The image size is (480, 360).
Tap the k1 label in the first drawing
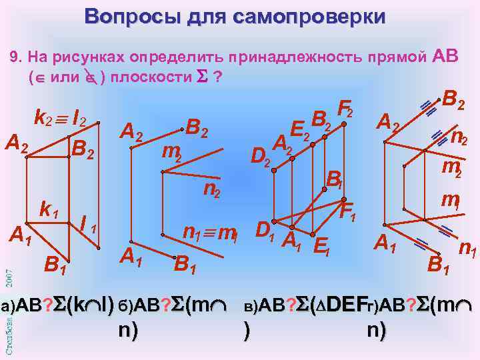coord(49,210)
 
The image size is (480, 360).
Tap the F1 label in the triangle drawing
coord(347,213)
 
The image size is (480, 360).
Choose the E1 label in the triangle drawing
coord(321,247)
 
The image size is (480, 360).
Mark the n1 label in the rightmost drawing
coord(466,250)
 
